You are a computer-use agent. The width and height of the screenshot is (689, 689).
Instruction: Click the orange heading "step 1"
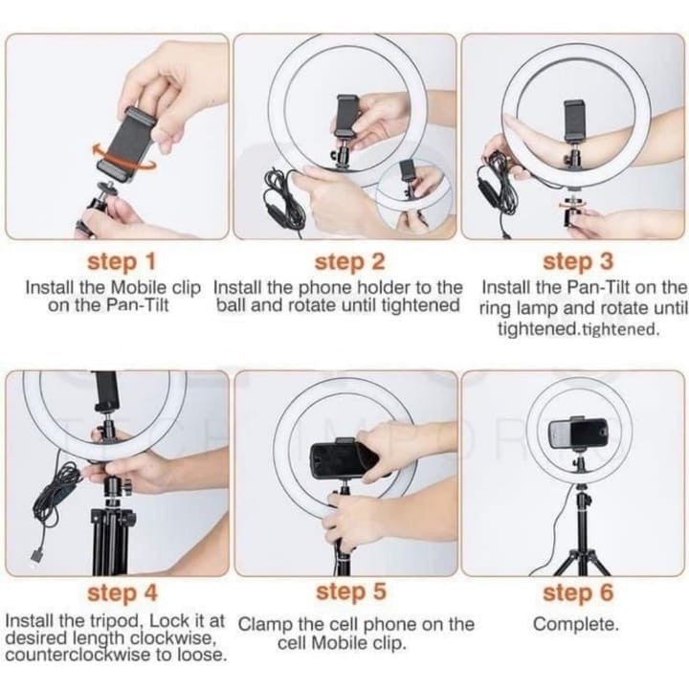pyautogui.click(x=122, y=261)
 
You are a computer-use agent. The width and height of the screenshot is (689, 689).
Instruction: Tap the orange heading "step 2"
pyautogui.click(x=350, y=261)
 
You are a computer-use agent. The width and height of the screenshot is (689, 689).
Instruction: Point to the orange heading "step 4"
pyautogui.click(x=122, y=594)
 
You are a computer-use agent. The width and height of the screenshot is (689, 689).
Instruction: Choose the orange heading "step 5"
pyautogui.click(x=350, y=594)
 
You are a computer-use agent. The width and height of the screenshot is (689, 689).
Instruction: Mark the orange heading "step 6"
pyautogui.click(x=578, y=594)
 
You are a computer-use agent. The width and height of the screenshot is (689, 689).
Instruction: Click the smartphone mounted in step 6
pyautogui.click(x=578, y=433)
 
